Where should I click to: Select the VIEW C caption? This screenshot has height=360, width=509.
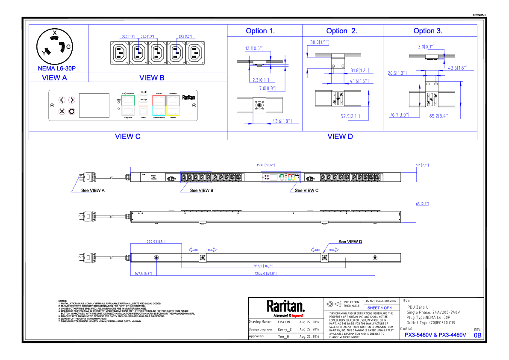[x=127, y=136]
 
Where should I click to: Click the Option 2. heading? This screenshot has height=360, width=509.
[x=341, y=31]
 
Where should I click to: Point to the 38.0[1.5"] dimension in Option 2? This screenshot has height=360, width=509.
[x=319, y=42]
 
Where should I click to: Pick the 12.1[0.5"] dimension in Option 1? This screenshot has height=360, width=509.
[x=254, y=48]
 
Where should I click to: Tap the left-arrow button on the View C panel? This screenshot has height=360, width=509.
[x=62, y=100]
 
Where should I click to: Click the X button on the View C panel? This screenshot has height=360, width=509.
[x=62, y=111]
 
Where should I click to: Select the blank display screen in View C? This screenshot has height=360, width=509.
[x=94, y=105]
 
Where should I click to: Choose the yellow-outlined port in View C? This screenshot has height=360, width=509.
[x=174, y=111]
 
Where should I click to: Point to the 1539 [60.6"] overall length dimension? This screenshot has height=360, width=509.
[x=265, y=165]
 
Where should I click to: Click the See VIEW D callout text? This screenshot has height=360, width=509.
[x=350, y=242]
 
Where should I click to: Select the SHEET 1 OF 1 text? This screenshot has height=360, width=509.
[x=380, y=308]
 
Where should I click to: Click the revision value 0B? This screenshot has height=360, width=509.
[x=477, y=336]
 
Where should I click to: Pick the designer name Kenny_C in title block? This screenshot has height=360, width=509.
[x=285, y=330]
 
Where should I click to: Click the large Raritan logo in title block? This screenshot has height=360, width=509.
[x=285, y=306]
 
